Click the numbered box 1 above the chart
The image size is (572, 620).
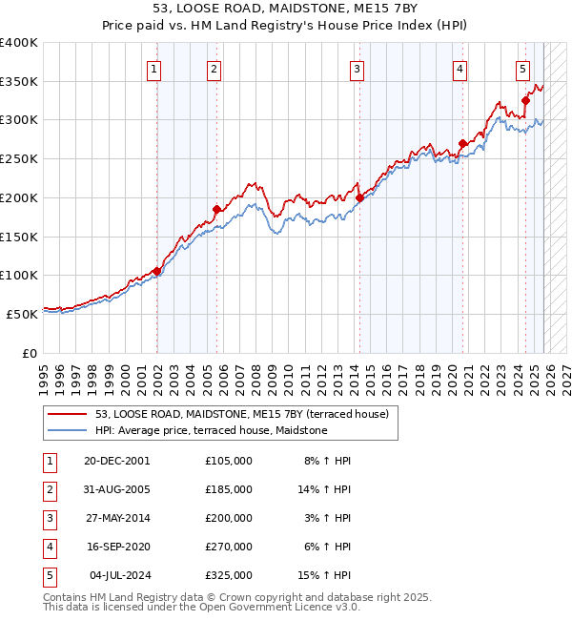pyautogui.click(x=153, y=68)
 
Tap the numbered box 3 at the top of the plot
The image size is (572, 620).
pyautogui.click(x=357, y=68)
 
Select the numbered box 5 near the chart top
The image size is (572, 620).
pyautogui.click(x=523, y=68)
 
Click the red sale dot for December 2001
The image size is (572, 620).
pyautogui.click(x=156, y=271)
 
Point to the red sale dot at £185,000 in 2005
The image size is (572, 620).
pyautogui.click(x=216, y=209)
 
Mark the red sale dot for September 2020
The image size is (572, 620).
pyautogui.click(x=462, y=143)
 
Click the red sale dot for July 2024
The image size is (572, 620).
pyautogui.click(x=525, y=100)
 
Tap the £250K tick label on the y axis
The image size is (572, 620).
pyautogui.click(x=19, y=158)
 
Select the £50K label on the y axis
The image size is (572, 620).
pyautogui.click(x=22, y=314)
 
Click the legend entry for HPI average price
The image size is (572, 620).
pyautogui.click(x=211, y=431)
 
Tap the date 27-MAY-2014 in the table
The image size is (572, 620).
pyautogui.click(x=117, y=518)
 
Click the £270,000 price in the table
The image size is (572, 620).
pyautogui.click(x=229, y=547)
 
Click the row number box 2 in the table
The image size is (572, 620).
pyautogui.click(x=49, y=489)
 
